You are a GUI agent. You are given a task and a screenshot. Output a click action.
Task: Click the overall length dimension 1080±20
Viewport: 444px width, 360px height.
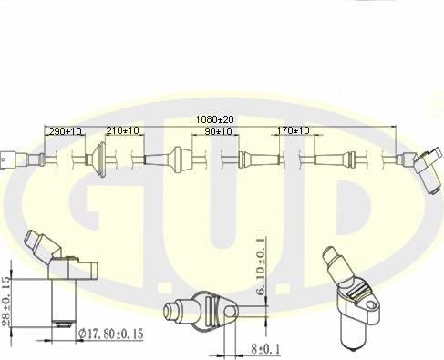(214, 119)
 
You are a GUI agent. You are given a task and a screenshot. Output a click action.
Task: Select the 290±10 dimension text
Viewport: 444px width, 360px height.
(66, 131)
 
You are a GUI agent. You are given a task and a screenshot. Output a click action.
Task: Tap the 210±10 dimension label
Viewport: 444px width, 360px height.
(122, 130)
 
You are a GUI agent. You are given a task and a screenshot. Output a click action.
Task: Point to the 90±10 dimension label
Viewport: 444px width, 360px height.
(218, 131)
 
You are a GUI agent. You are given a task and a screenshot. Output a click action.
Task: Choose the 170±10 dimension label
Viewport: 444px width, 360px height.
(293, 130)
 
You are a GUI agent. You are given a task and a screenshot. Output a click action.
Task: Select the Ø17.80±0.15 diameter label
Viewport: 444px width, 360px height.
(110, 334)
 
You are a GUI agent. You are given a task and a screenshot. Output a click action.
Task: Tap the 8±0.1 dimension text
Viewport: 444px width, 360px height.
(265, 348)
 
